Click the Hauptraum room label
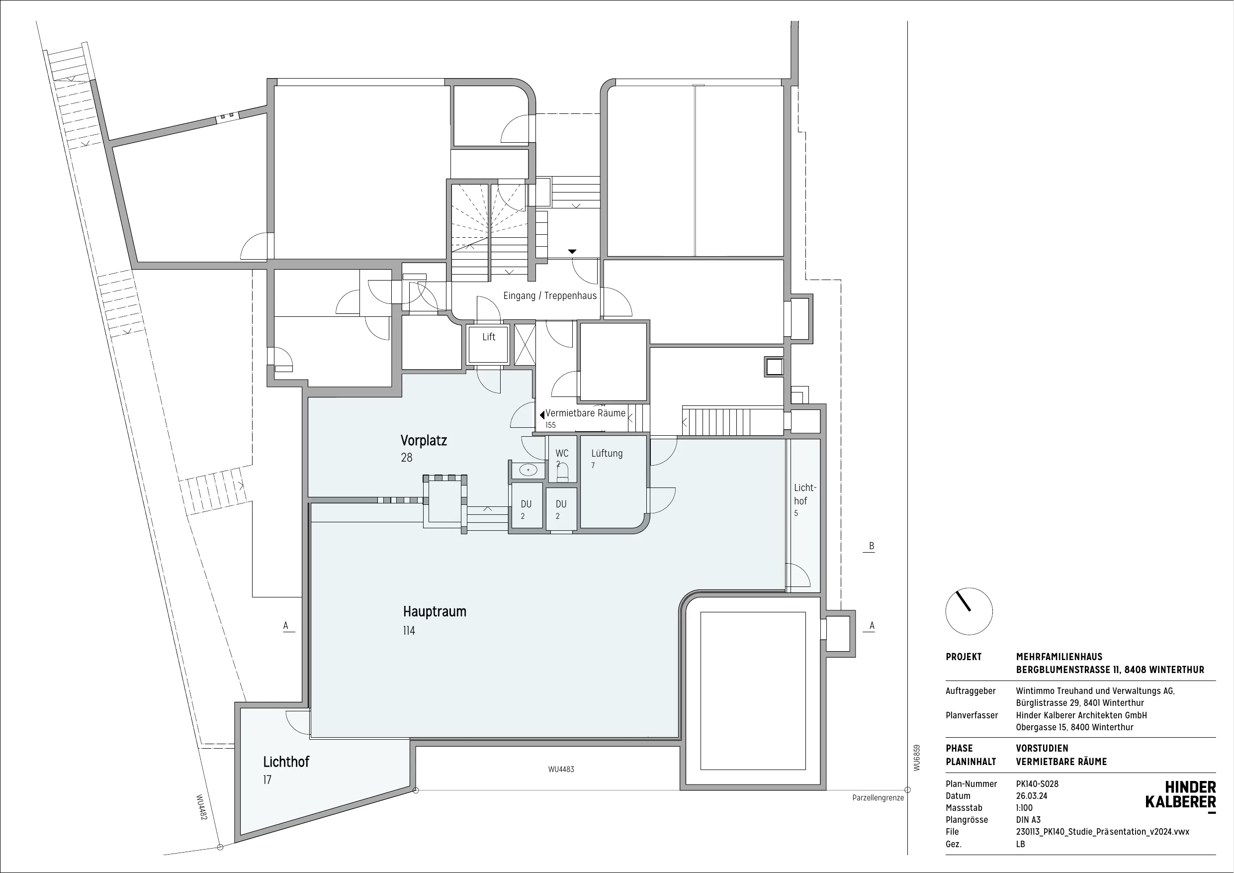pyautogui.click(x=434, y=611)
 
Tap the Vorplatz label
pyautogui.click(x=424, y=441)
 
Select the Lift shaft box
pyautogui.click(x=489, y=344)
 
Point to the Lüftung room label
pyautogui.click(x=607, y=454)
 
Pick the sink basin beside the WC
pyautogui.click(x=528, y=471)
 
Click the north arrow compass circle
pyautogui.click(x=969, y=611)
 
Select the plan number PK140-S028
pyautogui.click(x=1037, y=783)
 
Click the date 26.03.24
pyautogui.click(x=1031, y=795)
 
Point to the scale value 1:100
pyautogui.click(x=1024, y=807)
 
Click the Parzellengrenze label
pyautogui.click(x=878, y=798)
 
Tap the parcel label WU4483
pyautogui.click(x=561, y=769)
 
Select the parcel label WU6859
pyautogui.click(x=917, y=758)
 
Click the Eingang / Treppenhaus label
pyautogui.click(x=550, y=296)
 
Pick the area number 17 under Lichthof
pyautogui.click(x=267, y=779)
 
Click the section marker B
pyautogui.click(x=872, y=546)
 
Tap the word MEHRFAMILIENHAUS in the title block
pyautogui.click(x=1059, y=657)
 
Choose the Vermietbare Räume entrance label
pyautogui.click(x=585, y=413)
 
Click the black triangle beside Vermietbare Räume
pyautogui.click(x=542, y=415)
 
